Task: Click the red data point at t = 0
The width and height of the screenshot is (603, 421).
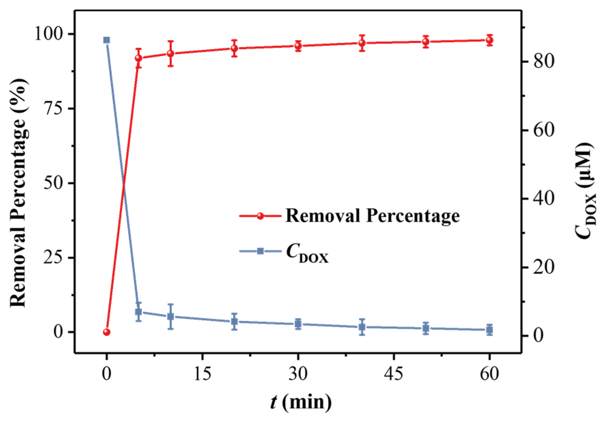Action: [107, 332]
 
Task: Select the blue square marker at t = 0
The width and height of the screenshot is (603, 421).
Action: [107, 40]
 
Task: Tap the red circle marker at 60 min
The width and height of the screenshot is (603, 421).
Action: [489, 40]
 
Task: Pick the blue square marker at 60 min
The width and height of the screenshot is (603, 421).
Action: [489, 330]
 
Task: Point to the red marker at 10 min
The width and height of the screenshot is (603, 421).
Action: [171, 54]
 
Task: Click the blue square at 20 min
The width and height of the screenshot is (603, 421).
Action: [234, 321]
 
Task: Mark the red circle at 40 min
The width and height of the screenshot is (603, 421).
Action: [362, 43]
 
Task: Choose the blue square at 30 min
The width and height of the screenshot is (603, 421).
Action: [298, 324]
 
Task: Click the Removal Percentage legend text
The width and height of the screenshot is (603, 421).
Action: [373, 216]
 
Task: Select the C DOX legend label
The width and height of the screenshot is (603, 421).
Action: [307, 253]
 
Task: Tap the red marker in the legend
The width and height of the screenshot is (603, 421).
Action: [260, 216]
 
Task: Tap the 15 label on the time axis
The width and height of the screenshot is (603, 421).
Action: [202, 374]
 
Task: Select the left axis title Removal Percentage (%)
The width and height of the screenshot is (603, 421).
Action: [18, 193]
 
